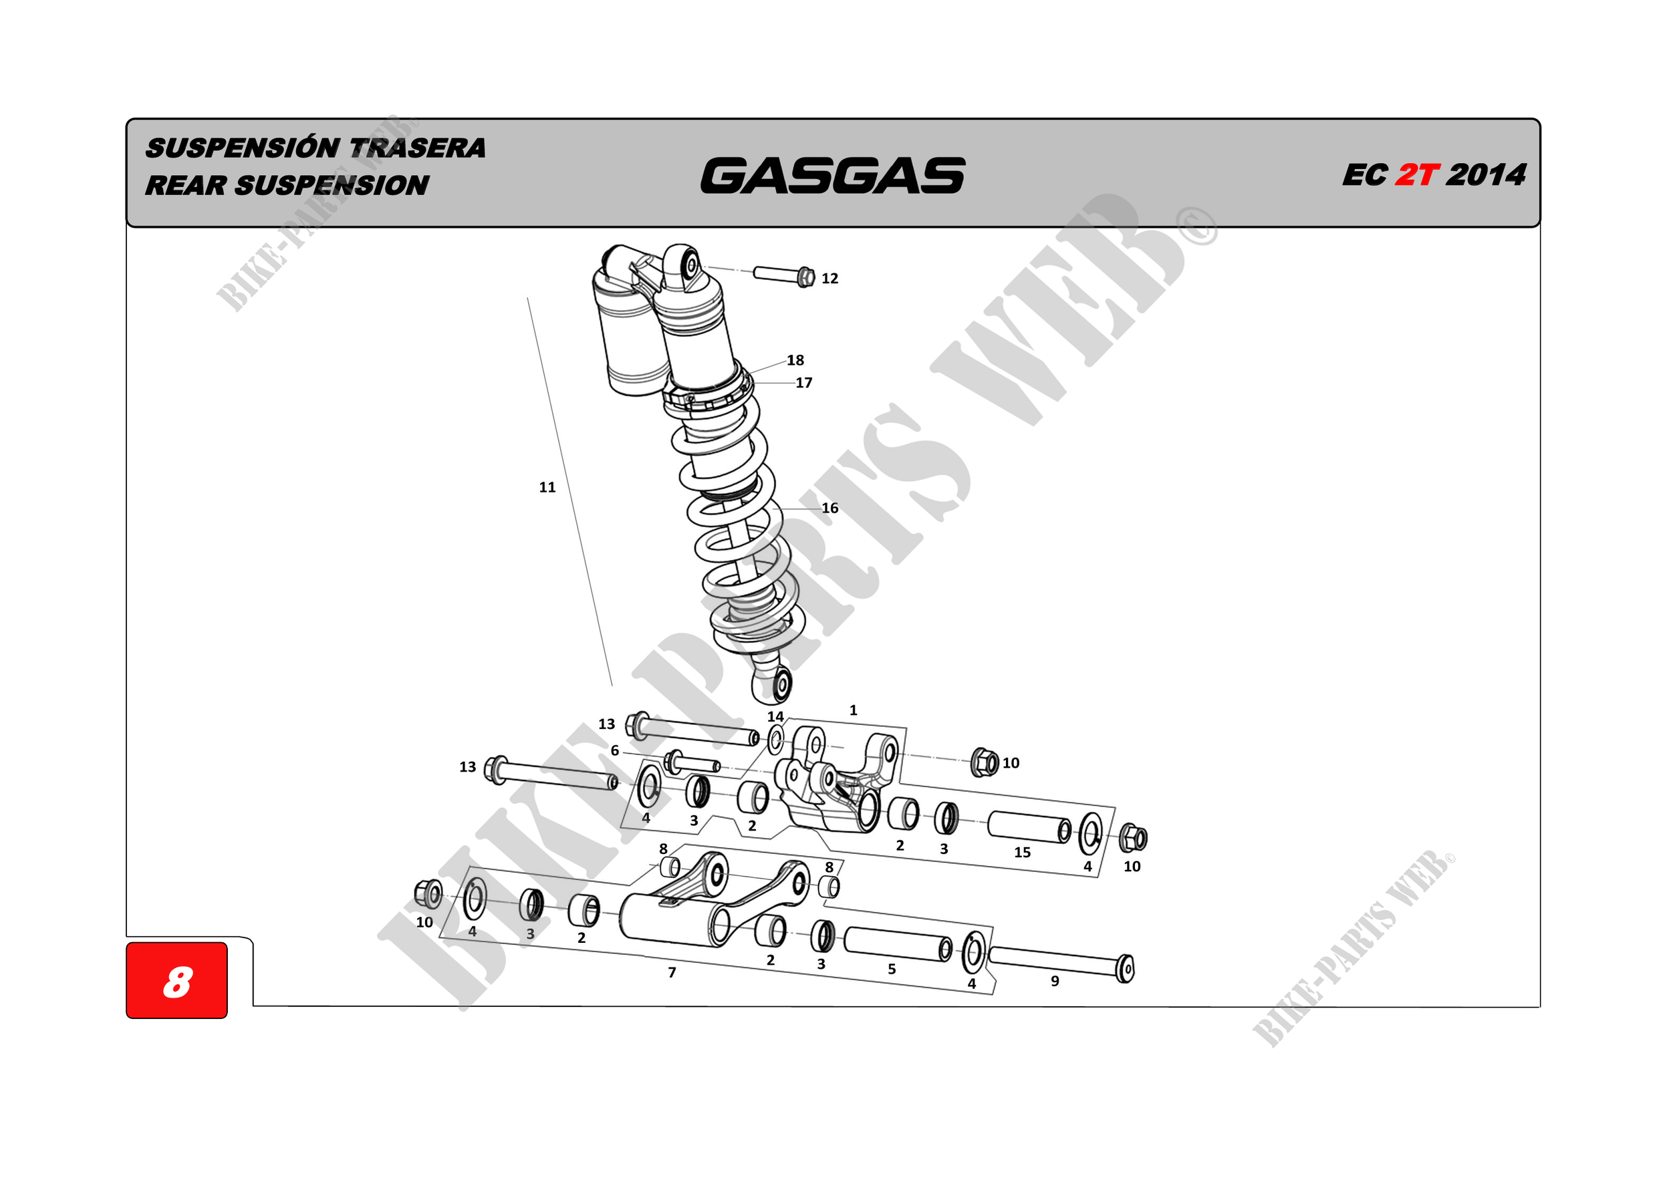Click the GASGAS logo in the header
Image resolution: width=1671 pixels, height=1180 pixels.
pyautogui.click(x=832, y=176)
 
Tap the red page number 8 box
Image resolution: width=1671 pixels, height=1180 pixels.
pyautogui.click(x=177, y=980)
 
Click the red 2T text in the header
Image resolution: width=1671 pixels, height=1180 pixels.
pyautogui.click(x=1416, y=175)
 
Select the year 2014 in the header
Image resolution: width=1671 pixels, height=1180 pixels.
pyautogui.click(x=1485, y=175)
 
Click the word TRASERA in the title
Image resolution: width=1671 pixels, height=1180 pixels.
pyautogui.click(x=417, y=148)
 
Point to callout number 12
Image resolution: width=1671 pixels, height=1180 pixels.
pyautogui.click(x=829, y=279)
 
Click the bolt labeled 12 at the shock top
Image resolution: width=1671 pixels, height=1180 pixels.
pyautogui.click(x=783, y=275)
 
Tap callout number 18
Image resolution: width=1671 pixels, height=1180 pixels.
pyautogui.click(x=795, y=360)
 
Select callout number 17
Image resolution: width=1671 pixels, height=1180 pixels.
pyautogui.click(x=803, y=383)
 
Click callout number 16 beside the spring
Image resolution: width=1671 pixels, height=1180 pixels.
pyautogui.click(x=829, y=508)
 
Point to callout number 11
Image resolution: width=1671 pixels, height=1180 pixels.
pyautogui.click(x=547, y=487)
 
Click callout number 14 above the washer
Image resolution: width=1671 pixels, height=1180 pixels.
pyautogui.click(x=775, y=716)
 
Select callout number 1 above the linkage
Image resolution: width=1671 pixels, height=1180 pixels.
pyautogui.click(x=853, y=710)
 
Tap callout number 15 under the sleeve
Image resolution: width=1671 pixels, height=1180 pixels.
pyautogui.click(x=1022, y=852)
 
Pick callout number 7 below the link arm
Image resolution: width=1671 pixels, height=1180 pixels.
pyautogui.click(x=672, y=972)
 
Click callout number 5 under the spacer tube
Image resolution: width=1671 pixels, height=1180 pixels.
pyautogui.click(x=892, y=969)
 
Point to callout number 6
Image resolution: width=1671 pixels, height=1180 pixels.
pyautogui.click(x=615, y=750)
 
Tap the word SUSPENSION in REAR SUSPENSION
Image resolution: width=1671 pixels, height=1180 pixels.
pyautogui.click(x=331, y=186)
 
